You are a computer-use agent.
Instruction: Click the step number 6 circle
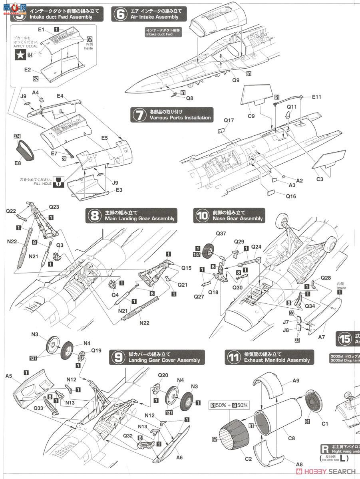click(x=119, y=14)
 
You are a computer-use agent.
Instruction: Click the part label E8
click(x=17, y=163)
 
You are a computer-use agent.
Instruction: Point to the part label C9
click(x=251, y=116)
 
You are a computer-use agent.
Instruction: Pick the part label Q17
click(x=229, y=120)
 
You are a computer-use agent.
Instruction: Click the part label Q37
click(x=221, y=234)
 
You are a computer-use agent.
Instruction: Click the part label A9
click(x=295, y=381)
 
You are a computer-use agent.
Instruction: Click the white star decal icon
click(x=19, y=55)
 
